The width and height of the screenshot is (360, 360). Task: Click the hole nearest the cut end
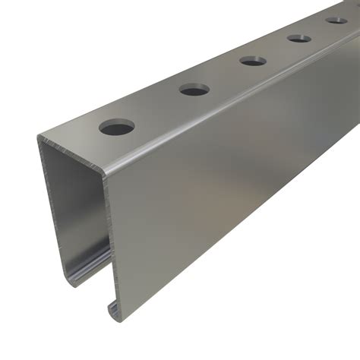[x=117, y=126]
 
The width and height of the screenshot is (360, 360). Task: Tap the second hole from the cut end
[x=194, y=90]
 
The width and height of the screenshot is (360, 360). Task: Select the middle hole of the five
[x=252, y=60]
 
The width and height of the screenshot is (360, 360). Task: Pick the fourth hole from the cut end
[x=298, y=37]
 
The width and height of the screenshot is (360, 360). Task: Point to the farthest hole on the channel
[x=335, y=20]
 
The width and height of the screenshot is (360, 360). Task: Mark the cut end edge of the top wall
[x=72, y=151]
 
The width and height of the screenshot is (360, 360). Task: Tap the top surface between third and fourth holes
[x=275, y=49]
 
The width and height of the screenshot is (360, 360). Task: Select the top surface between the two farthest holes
[x=317, y=28]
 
